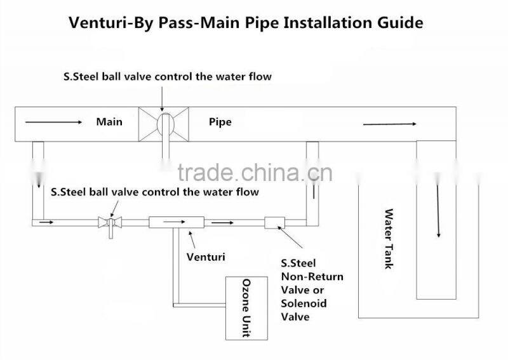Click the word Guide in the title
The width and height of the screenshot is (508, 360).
(x=399, y=24)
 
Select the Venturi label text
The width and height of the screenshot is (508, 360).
(x=206, y=257)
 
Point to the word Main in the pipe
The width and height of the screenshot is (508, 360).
(x=109, y=121)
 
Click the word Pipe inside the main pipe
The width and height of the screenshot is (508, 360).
(x=220, y=121)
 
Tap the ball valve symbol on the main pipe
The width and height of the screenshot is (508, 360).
(x=164, y=123)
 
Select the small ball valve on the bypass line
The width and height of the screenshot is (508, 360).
(x=109, y=223)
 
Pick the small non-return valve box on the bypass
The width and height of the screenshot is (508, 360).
(x=274, y=222)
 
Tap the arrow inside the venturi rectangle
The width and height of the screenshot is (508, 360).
(x=176, y=222)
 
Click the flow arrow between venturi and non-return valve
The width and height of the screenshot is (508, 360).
(x=222, y=223)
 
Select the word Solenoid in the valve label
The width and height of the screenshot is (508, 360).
(x=304, y=303)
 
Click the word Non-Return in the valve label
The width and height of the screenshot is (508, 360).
(x=312, y=277)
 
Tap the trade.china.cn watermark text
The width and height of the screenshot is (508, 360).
(x=251, y=172)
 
